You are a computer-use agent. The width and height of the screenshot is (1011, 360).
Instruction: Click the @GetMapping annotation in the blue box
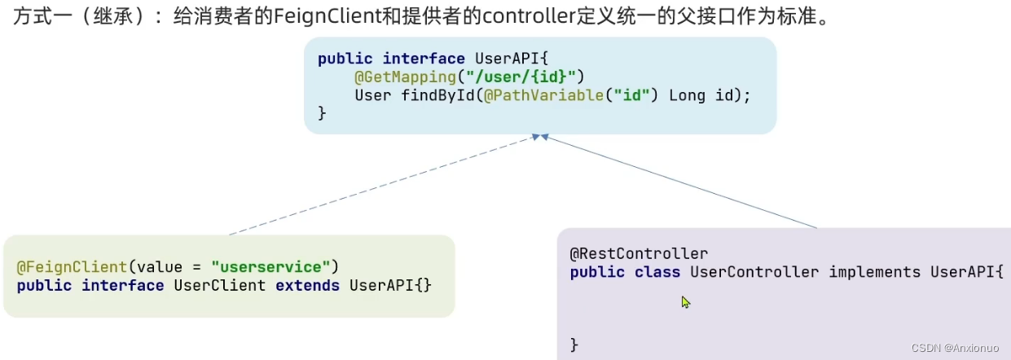tap(393, 77)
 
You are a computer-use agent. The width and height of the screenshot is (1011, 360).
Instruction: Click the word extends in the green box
tap(307, 285)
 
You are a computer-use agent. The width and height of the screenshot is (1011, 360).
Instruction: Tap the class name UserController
tap(754, 272)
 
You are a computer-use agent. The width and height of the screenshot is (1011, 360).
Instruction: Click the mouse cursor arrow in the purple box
tap(685, 302)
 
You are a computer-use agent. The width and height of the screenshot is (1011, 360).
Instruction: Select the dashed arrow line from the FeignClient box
tap(383, 185)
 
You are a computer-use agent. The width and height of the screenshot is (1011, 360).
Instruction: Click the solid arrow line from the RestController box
tap(680, 181)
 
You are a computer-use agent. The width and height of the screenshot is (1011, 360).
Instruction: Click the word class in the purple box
tap(657, 272)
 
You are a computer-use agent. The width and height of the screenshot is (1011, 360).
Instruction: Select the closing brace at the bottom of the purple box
tap(574, 345)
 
